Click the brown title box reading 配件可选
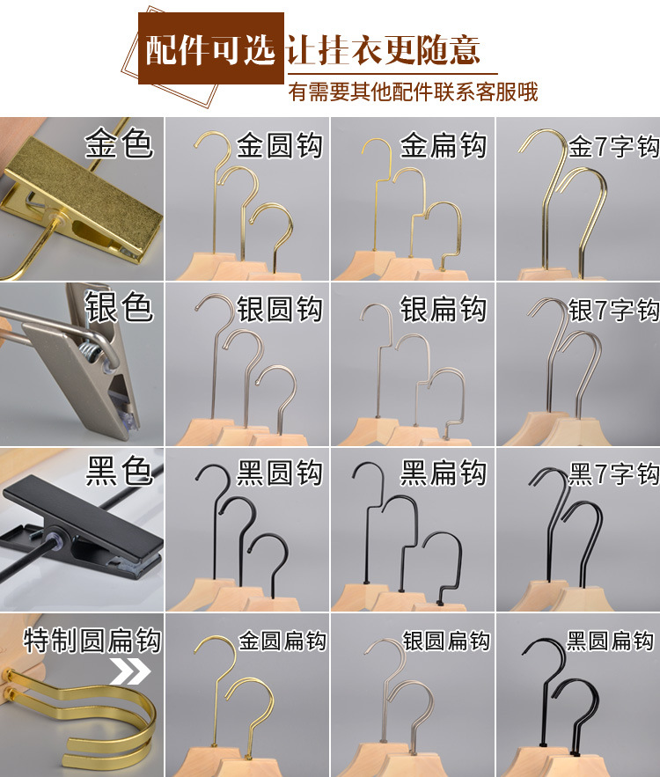coord(210,50)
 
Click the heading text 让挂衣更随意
coord(385,49)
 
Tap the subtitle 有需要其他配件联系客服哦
coord(413,92)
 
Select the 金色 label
coord(119,143)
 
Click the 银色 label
coord(119,308)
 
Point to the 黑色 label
coord(119,473)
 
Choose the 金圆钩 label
coord(280,145)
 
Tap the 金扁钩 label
coord(444,145)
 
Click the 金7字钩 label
coord(613,146)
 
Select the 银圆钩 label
coord(280,310)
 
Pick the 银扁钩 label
coord(444,310)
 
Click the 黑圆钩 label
coord(280,473)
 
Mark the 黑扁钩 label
coord(444,473)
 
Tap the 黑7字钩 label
coord(613,474)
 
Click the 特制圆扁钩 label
coord(92,641)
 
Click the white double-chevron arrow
coord(129,674)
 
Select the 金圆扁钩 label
coord(282,641)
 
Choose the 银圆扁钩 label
coord(446,641)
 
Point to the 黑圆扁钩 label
coord(610,641)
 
